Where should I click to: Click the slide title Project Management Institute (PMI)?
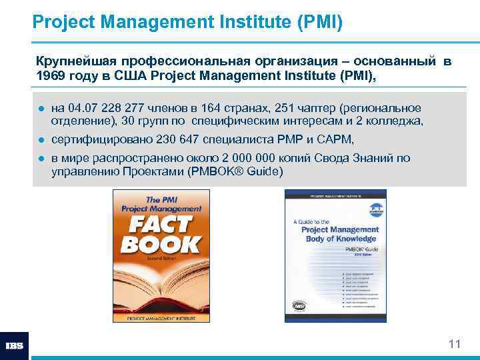(187, 23)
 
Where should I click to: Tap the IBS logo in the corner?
(15, 346)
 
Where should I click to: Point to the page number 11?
(455, 344)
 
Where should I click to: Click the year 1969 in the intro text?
(51, 76)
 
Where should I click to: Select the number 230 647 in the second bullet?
(179, 139)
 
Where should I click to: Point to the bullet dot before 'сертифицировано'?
(41, 140)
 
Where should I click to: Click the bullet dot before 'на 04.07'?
(41, 109)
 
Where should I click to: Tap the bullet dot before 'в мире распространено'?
(41, 159)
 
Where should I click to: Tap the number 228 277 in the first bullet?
(114, 108)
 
